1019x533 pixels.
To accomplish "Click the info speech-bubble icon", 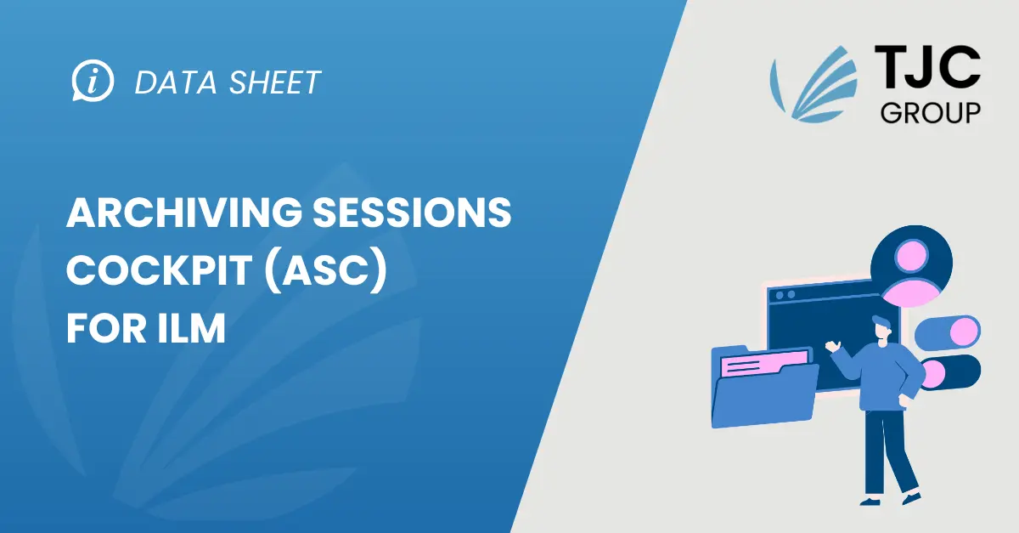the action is (93, 81).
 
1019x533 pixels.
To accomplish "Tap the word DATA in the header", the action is (176, 83).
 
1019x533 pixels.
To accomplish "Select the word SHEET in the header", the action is (275, 83).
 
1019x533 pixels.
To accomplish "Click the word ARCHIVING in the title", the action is (183, 213).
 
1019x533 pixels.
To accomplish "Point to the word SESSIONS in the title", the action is (412, 213).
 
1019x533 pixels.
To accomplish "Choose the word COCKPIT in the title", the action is (160, 270).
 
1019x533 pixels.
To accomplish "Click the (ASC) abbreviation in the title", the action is (326, 271).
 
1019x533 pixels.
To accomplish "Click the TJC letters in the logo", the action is (927, 67).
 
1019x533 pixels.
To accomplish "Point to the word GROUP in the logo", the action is (931, 113).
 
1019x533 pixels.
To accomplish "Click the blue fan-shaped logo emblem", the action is (814, 84).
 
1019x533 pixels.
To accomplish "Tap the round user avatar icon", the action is (911, 265).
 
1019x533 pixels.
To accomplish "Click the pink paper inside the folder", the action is (765, 364).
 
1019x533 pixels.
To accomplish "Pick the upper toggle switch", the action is (948, 332).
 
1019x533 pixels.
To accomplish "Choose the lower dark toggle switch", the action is (950, 372).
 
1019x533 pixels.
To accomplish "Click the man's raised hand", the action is (833, 346).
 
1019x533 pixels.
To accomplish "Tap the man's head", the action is (882, 328).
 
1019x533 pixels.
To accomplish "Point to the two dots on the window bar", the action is (785, 295).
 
